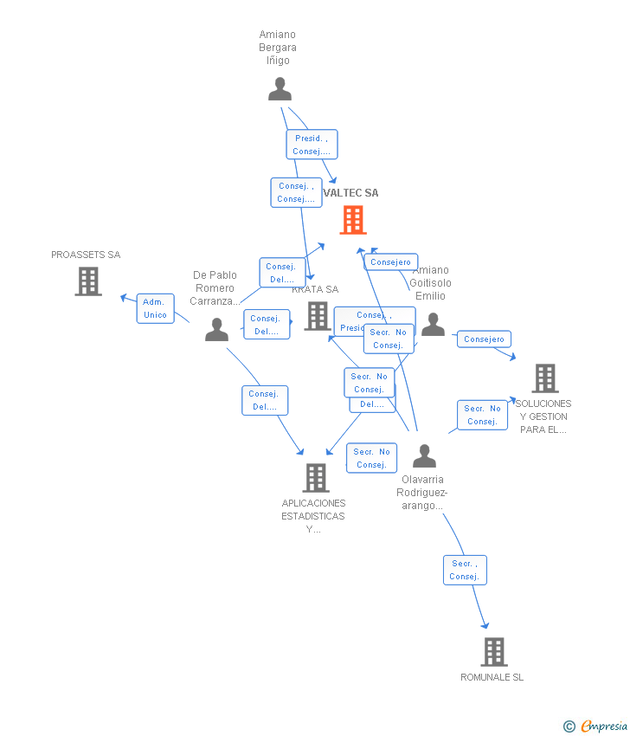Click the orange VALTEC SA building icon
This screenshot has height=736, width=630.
pos(353,220)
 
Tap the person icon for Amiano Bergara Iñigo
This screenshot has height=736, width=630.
pos(280,89)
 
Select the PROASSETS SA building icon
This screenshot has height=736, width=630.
pos(88,281)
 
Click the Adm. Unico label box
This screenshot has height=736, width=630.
pos(155,308)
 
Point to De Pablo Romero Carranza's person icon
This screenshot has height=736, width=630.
pos(216,330)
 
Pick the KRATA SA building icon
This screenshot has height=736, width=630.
pos(318,316)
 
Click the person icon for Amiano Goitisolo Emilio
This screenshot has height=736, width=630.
pos(433,325)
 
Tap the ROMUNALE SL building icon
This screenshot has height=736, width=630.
pos(493,651)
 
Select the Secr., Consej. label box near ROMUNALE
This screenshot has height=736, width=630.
pos(465,570)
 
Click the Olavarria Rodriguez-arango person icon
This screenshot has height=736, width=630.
pos(424,455)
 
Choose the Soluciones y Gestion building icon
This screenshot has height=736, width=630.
pos(544,378)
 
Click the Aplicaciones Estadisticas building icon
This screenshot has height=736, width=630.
pos(315,477)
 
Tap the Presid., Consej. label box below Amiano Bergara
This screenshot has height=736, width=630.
pos(312,145)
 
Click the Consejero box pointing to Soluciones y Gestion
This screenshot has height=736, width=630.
pos(484,339)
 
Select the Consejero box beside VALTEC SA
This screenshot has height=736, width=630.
pos(390,262)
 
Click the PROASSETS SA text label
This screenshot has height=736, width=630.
pos(86,255)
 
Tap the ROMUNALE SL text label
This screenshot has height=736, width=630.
pos(492,677)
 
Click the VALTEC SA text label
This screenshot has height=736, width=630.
pos(350,193)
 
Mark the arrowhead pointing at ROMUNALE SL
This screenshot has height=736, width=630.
pos(485,625)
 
